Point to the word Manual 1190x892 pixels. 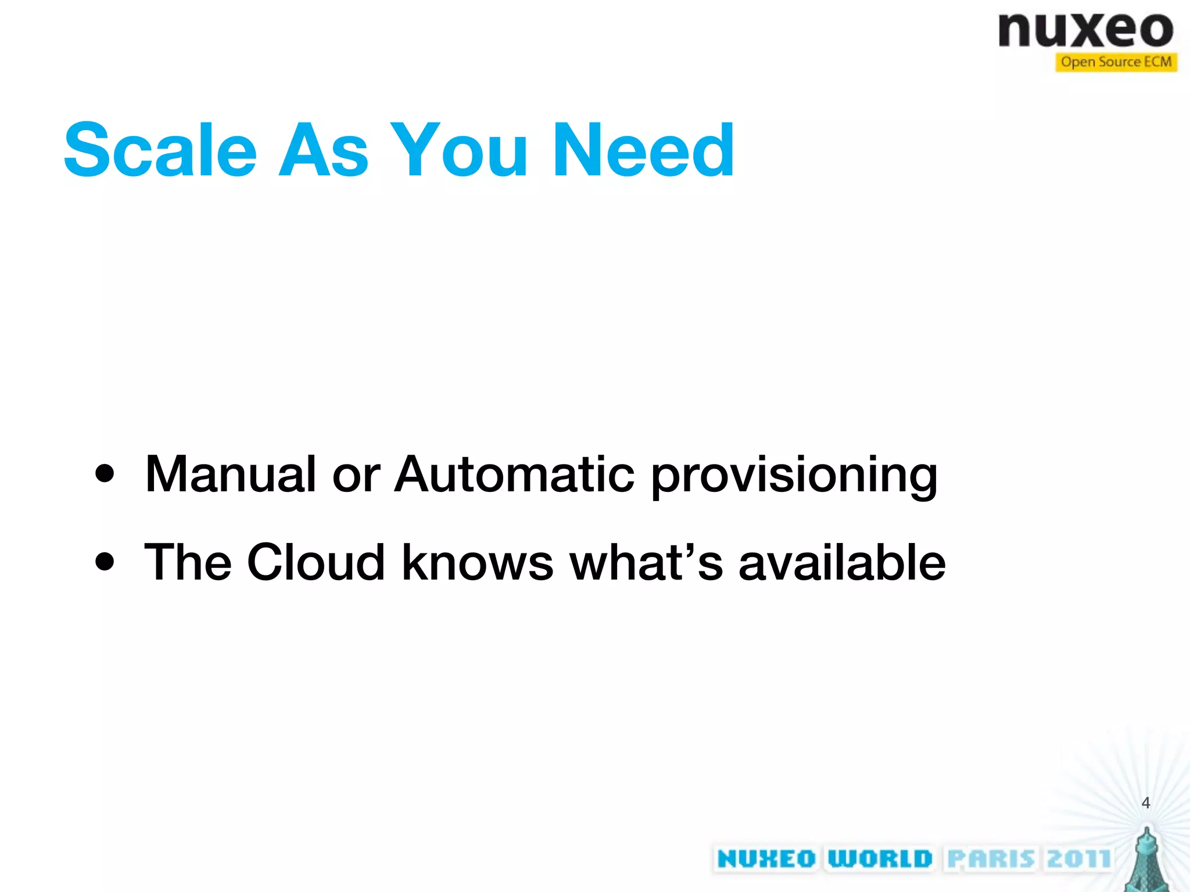[230, 474]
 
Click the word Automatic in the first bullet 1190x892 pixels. [514, 474]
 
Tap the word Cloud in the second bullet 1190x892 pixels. [316, 562]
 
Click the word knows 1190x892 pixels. [478, 562]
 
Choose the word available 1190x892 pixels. [842, 562]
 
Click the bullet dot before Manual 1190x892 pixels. [105, 474]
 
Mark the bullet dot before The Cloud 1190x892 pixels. [105, 562]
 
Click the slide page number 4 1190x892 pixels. [1145, 803]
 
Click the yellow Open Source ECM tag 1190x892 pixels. [1116, 62]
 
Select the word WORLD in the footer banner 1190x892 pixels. [880, 859]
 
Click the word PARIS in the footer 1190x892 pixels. [991, 859]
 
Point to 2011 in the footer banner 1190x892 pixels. [1079, 859]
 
